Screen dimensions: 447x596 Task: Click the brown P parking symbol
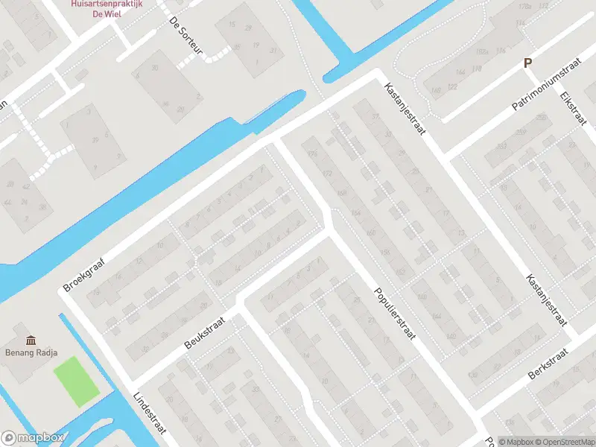click(x=528, y=64)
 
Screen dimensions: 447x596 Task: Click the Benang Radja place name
click(x=32, y=354)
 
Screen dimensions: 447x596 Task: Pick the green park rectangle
click(x=77, y=382)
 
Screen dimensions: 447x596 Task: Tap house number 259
click(x=541, y=118)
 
